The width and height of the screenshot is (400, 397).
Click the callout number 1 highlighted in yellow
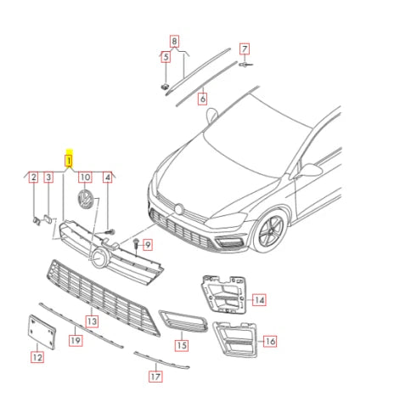tap(70, 159)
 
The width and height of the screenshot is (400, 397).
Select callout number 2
tap(33, 178)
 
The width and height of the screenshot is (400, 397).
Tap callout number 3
tap(48, 178)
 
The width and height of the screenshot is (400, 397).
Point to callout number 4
tap(108, 178)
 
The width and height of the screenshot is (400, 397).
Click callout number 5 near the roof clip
tap(166, 57)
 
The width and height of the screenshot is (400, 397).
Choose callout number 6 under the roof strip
tap(203, 99)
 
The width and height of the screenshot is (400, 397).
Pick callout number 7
tap(244, 48)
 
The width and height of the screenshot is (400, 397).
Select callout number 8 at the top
tap(174, 40)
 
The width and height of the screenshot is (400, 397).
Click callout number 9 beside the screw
tap(147, 246)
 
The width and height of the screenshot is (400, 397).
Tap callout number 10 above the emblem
tap(85, 178)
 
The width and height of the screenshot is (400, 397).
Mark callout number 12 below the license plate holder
tap(37, 358)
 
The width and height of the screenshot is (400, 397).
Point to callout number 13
tap(91, 321)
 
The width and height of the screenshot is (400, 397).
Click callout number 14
tap(259, 299)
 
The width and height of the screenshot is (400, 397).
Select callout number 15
tap(181, 345)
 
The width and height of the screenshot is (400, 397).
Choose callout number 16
tap(269, 342)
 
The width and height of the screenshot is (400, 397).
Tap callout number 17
tap(155, 375)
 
